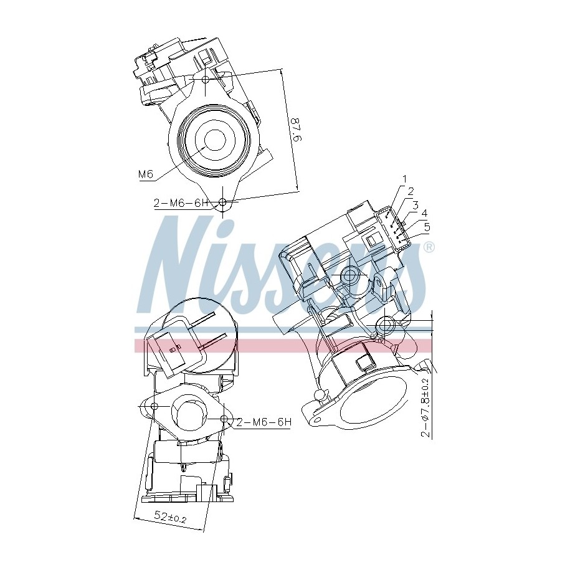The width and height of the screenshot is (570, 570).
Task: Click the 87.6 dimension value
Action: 295,129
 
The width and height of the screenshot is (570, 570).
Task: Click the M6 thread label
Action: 146,174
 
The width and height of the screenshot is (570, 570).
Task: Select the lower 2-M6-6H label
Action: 264,422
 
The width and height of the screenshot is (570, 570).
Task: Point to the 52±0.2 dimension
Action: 171,516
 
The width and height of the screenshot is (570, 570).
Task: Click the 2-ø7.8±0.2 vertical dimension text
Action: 425,407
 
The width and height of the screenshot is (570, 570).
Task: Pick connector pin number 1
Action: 404,179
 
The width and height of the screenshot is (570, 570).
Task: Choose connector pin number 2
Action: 411,191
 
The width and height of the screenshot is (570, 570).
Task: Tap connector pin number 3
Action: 415,205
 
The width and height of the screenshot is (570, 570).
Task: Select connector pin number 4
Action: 424,213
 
